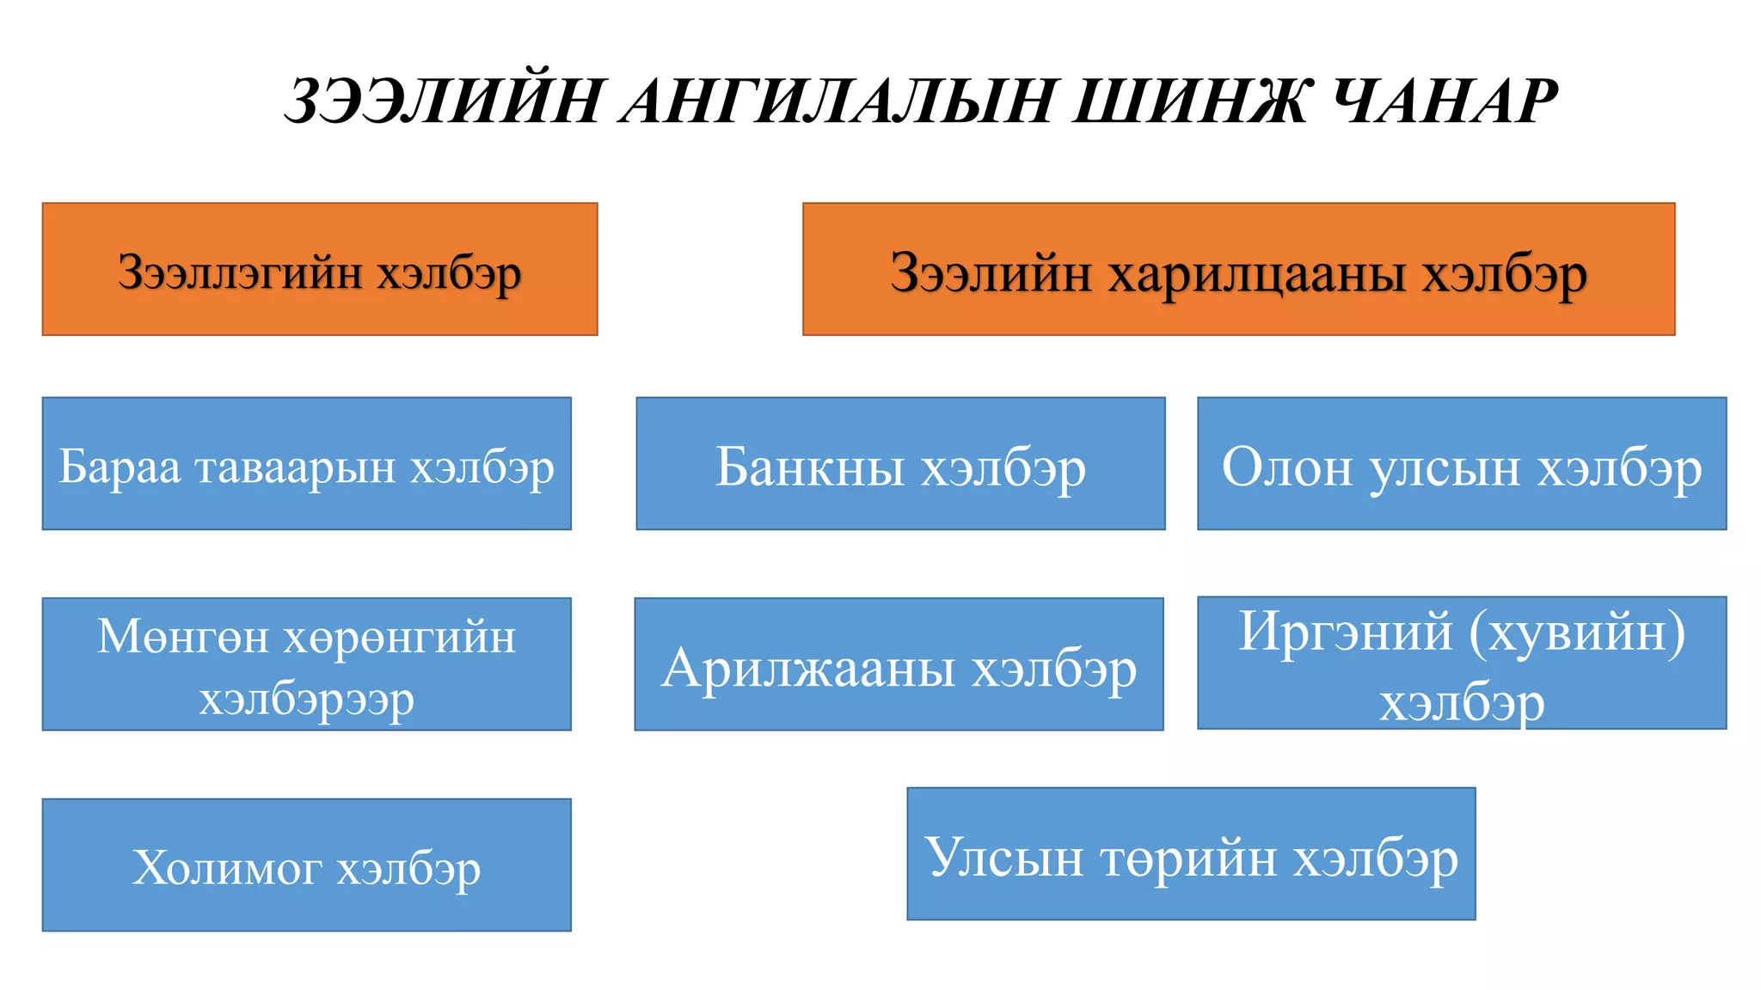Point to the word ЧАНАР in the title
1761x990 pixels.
[1445, 101]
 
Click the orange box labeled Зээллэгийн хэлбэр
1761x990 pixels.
[320, 269]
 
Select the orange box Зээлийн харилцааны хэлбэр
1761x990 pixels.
[1238, 269]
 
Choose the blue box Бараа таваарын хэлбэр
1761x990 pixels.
[307, 463]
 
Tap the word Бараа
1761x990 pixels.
[120, 467]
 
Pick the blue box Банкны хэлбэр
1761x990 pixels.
[900, 463]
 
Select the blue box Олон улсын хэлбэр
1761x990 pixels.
[1462, 463]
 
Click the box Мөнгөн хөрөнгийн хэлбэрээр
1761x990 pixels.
[307, 664]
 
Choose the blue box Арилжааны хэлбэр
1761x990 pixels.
[899, 664]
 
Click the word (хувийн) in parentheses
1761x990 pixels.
[1577, 633]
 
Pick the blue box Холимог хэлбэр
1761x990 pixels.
[307, 865]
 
